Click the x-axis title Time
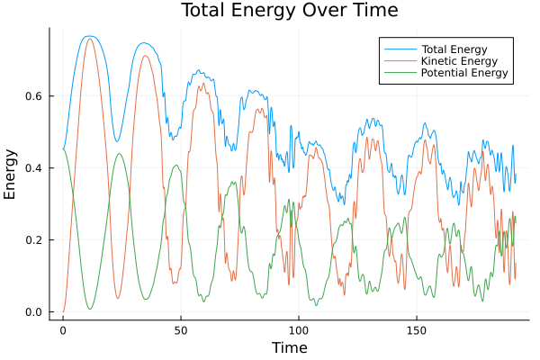[289, 347]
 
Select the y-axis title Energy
[11, 174]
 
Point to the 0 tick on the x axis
[63, 329]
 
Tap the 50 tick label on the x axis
[181, 329]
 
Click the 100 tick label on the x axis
[299, 329]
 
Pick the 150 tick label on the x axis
[417, 329]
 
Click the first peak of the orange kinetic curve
[89, 39]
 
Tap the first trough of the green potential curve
[89, 309]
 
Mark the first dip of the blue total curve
[117, 141]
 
